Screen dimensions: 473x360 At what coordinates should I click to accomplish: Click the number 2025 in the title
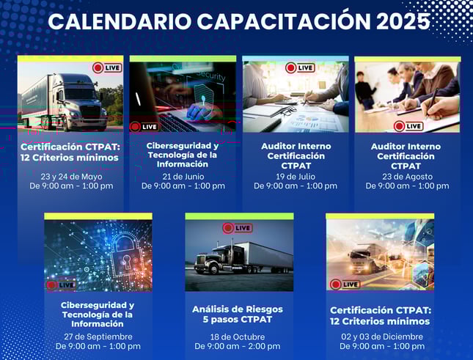[x=403, y=21]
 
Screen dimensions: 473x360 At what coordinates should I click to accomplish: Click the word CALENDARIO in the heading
[x=120, y=21]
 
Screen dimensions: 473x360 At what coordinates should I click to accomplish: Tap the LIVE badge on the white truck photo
[x=107, y=68]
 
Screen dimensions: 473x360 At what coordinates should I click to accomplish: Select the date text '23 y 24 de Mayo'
[x=71, y=177]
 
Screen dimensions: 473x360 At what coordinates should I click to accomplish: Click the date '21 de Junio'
[x=183, y=177]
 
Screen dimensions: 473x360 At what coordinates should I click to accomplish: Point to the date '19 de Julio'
[x=296, y=177]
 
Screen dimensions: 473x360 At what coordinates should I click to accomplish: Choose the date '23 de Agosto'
[x=407, y=177]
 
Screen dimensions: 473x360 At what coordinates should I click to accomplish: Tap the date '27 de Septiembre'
[x=98, y=337]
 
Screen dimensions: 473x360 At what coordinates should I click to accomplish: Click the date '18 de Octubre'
[x=238, y=337]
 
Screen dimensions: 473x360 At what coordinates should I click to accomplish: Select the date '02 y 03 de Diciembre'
[x=382, y=337]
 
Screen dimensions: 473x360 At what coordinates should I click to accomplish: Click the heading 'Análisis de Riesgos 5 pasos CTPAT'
[x=238, y=314]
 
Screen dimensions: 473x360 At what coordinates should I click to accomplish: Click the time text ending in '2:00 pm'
[x=238, y=346]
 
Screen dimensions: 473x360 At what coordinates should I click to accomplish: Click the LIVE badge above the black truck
[x=238, y=228]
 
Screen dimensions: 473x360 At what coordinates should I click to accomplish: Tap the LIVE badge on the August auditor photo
[x=408, y=126]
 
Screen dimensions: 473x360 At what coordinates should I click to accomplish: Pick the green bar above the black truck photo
[x=239, y=216]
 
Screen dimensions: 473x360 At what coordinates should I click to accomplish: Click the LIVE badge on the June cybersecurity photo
[x=144, y=127]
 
